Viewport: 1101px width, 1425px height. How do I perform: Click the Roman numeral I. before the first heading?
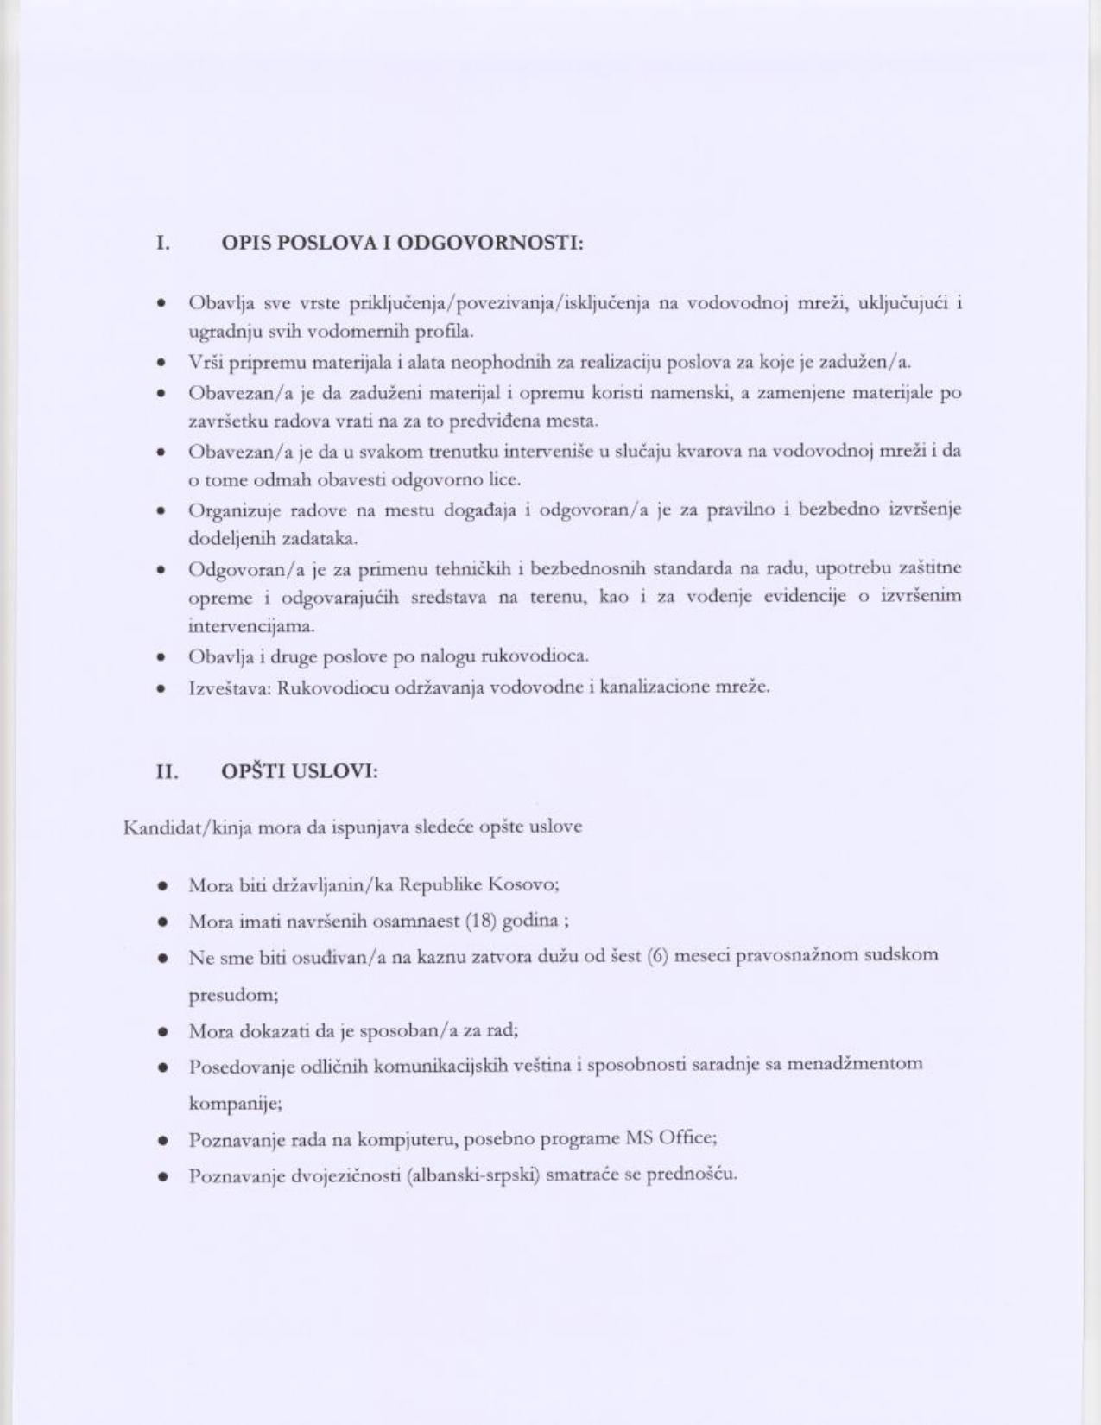point(162,243)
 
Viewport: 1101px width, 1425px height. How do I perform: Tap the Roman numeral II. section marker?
point(166,771)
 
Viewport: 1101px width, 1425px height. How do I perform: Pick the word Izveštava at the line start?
point(228,687)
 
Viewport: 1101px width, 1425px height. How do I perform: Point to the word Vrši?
point(204,362)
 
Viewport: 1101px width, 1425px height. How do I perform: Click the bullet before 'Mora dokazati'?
point(162,1031)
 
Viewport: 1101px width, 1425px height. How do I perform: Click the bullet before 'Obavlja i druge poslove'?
point(161,657)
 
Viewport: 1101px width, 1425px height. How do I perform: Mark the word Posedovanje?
point(237,1066)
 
